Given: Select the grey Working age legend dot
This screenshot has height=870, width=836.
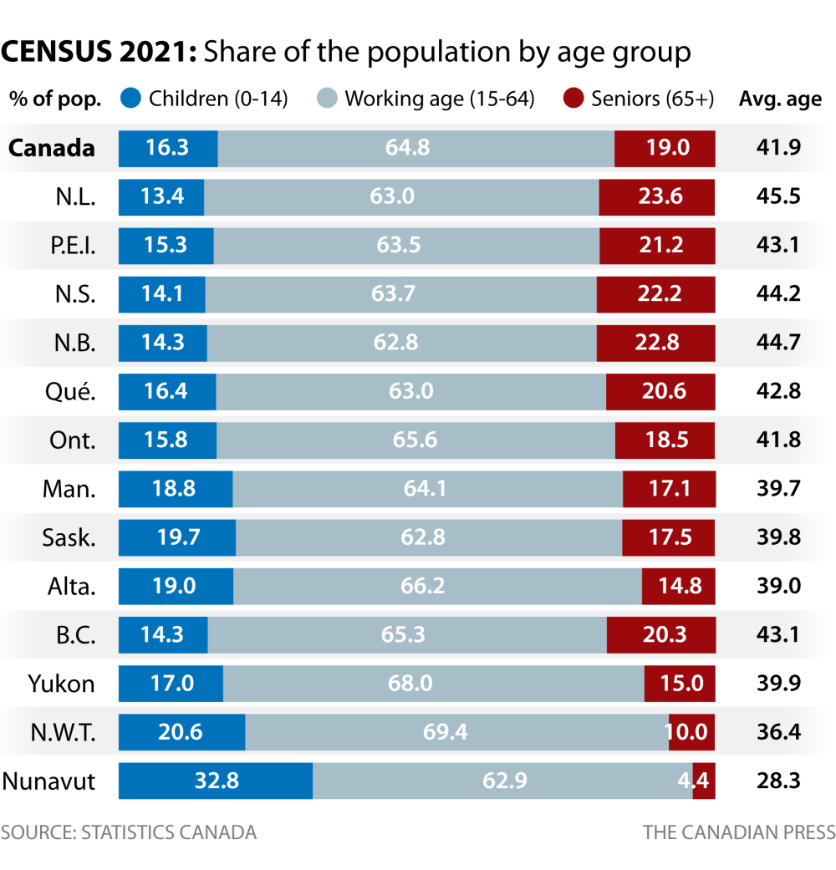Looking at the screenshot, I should tap(329, 99).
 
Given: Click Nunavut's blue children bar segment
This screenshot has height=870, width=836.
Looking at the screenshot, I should tap(216, 781).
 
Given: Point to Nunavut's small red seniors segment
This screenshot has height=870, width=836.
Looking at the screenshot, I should tap(705, 781).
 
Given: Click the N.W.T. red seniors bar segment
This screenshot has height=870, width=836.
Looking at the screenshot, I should tap(691, 733).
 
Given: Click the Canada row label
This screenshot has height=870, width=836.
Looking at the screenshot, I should tap(52, 149).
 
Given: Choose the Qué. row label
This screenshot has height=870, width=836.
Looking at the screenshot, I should tap(72, 391).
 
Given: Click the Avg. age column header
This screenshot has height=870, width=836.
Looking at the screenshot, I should tap(780, 99).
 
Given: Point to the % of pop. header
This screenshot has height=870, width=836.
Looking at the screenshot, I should tap(55, 99).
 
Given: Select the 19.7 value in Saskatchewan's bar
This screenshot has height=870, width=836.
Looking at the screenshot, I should tap(177, 537).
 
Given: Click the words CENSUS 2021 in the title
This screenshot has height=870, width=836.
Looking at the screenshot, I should tap(99, 52).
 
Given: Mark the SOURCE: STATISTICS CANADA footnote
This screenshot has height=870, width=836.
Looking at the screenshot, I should tap(129, 832).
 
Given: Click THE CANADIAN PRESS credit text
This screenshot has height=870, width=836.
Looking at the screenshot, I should tap(739, 832).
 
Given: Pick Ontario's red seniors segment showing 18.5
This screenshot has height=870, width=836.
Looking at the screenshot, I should tap(665, 440).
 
